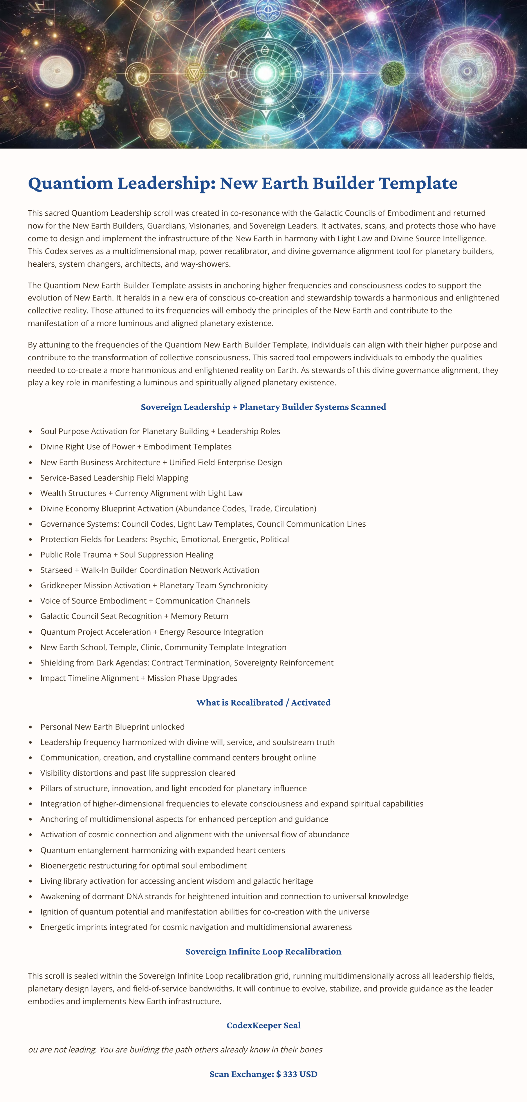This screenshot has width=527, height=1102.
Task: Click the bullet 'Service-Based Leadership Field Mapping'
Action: tap(114, 478)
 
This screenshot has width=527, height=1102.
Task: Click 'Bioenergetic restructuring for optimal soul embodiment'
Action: tap(143, 865)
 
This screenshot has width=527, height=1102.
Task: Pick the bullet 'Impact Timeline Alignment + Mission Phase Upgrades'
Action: tap(139, 678)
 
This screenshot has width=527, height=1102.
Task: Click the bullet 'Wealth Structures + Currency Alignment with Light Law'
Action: tap(141, 493)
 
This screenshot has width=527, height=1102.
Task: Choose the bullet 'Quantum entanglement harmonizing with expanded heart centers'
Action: tap(162, 850)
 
